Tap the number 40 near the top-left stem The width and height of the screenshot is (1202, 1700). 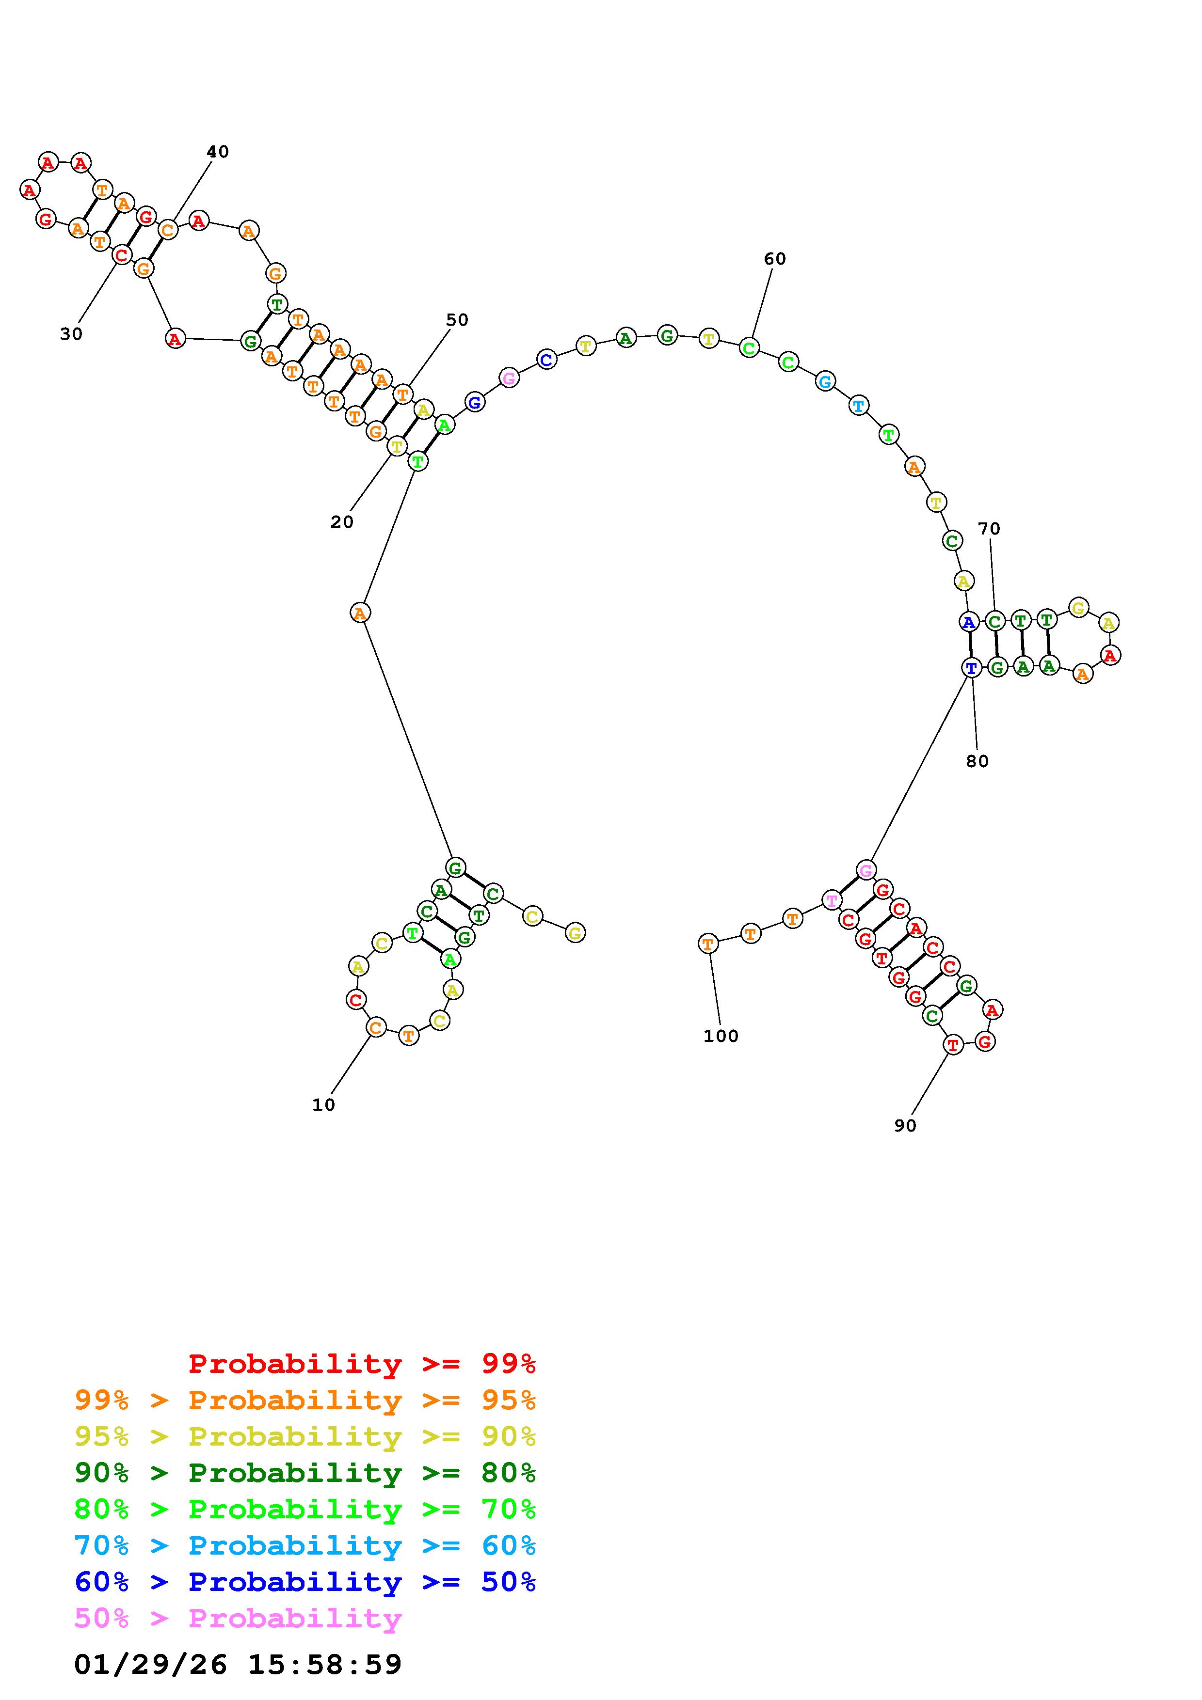(x=218, y=152)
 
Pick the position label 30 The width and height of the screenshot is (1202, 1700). (x=71, y=334)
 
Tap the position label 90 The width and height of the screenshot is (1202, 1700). (x=905, y=1125)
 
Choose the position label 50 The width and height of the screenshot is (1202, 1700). (x=457, y=320)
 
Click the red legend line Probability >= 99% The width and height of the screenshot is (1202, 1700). (x=362, y=1364)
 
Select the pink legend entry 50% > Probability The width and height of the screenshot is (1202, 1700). (x=239, y=1618)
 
